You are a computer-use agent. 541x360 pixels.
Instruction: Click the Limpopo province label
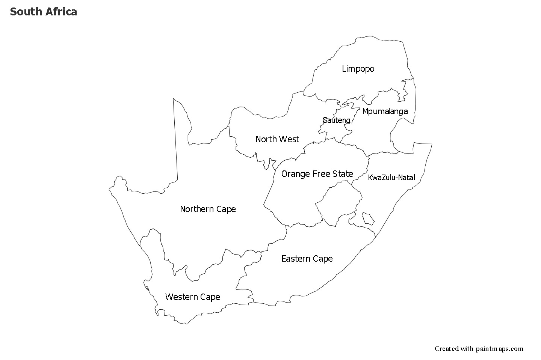tap(358, 69)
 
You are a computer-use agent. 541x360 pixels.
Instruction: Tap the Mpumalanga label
tap(385, 111)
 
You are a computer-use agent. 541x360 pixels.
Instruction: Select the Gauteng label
tap(336, 120)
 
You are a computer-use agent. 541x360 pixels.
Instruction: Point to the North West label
tap(277, 139)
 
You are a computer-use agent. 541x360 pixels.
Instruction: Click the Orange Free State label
tap(317, 174)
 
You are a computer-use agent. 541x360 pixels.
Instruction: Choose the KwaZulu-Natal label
tap(391, 178)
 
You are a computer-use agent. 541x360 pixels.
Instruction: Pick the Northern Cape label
tap(208, 209)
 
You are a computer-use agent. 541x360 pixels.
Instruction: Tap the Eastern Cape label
tap(307, 259)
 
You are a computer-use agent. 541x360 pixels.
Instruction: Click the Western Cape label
tap(192, 297)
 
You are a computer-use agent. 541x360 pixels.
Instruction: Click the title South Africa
tap(44, 12)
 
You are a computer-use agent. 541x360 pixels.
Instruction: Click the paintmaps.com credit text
tap(479, 349)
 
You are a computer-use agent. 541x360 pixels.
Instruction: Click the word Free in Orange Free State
tap(323, 174)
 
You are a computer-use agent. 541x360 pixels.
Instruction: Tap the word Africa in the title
tap(61, 12)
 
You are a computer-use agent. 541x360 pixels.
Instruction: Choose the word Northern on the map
tap(196, 209)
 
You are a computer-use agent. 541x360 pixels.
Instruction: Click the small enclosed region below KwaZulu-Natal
tap(368, 218)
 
